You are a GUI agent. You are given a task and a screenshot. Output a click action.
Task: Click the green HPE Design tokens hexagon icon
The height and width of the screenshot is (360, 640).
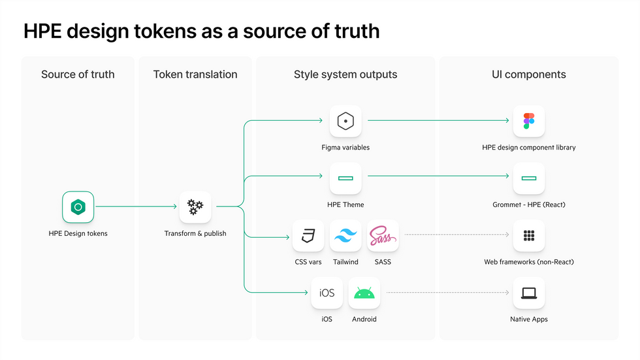[78, 207]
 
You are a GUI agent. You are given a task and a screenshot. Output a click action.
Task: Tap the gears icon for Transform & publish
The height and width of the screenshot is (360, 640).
[195, 207]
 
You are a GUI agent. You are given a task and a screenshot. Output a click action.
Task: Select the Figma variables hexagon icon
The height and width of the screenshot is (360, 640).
[345, 121]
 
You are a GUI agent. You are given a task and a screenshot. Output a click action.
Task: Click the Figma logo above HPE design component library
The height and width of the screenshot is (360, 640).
[528, 121]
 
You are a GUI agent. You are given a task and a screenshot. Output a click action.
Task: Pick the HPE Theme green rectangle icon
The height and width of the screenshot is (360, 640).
[345, 178]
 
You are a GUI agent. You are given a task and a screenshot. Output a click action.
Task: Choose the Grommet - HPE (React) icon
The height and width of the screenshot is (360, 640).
[528, 178]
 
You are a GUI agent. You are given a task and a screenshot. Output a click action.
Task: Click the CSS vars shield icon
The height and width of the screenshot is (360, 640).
[308, 236]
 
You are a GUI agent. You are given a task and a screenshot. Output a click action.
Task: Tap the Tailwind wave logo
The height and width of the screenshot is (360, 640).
[345, 236]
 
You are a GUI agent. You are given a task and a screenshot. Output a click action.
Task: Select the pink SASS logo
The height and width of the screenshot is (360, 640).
[383, 236]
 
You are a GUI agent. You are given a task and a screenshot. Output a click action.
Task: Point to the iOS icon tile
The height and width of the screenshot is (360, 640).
[327, 293]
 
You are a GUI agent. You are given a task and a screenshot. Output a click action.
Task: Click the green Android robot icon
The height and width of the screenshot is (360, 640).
[364, 293]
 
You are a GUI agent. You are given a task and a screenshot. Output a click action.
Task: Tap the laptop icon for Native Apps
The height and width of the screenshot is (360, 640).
[528, 293]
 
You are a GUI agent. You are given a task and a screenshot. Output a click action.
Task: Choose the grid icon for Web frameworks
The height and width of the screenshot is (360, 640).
[528, 236]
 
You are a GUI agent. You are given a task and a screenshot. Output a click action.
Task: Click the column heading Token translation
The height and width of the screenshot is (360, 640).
[195, 74]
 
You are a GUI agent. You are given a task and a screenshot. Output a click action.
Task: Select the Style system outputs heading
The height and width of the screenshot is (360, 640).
[345, 74]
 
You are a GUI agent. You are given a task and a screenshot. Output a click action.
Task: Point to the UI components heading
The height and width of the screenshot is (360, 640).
[528, 74]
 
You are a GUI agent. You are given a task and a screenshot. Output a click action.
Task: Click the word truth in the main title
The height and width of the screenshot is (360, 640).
[355, 31]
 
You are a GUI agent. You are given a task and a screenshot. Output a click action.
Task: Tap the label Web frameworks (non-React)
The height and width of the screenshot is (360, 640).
[528, 262]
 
